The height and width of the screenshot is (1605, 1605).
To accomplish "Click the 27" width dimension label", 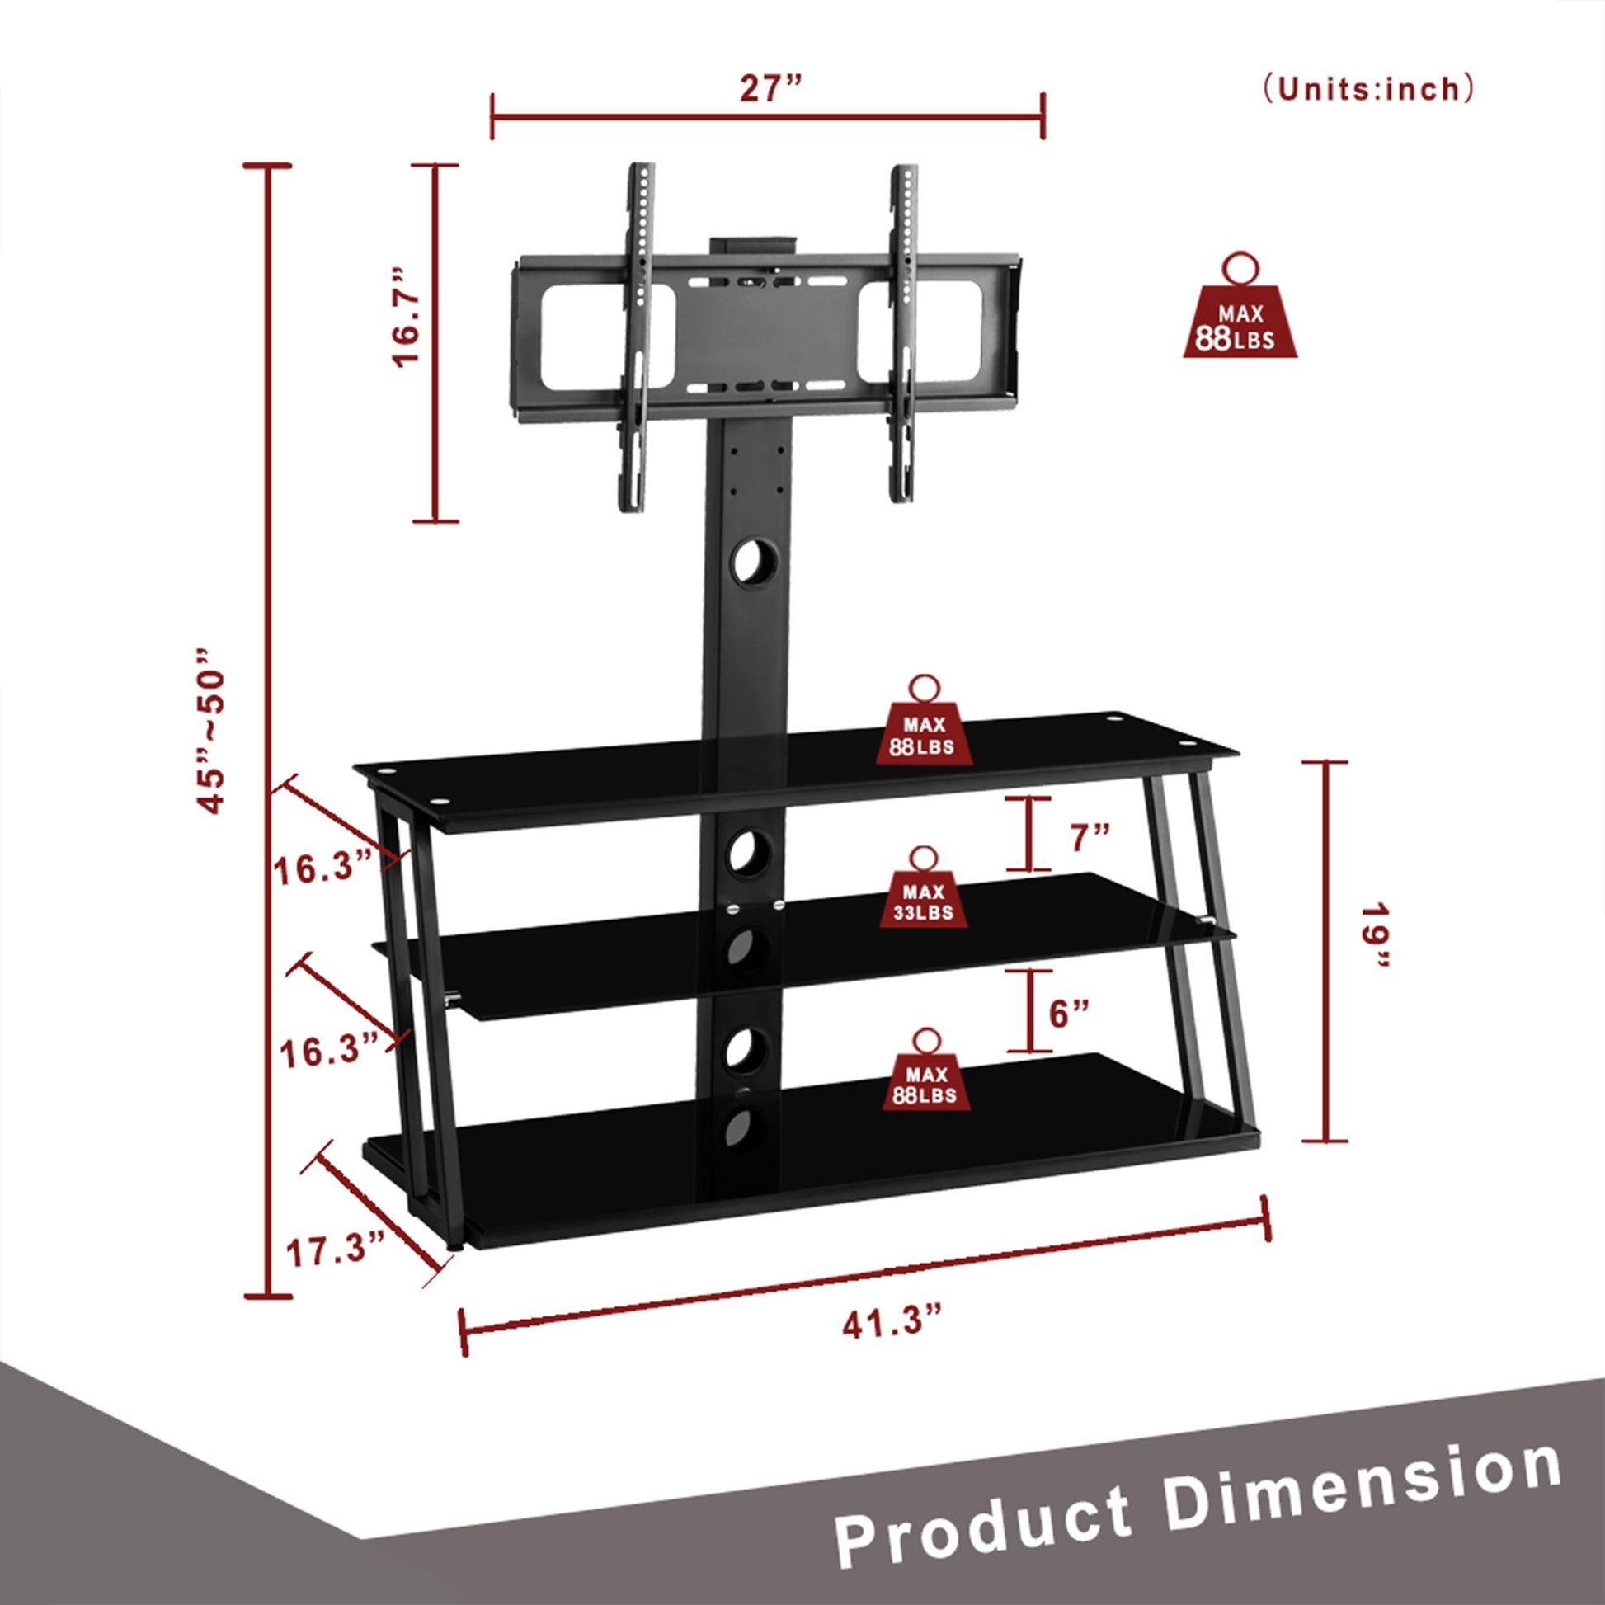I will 770,88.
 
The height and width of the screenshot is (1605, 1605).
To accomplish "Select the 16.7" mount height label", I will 407,318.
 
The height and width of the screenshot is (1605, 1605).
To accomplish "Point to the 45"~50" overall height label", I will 210,731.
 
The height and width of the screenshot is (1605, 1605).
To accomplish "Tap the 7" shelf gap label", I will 1089,838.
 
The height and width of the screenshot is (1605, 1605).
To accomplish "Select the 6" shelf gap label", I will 1069,1014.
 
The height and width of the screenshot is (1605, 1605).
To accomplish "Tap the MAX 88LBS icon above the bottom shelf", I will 925,1071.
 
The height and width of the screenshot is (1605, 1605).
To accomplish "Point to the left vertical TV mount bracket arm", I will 637,337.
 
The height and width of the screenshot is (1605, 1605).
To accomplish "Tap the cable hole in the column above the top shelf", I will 755,562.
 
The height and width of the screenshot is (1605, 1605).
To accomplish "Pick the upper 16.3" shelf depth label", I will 322,871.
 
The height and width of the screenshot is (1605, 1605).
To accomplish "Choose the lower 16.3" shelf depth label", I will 329,1052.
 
